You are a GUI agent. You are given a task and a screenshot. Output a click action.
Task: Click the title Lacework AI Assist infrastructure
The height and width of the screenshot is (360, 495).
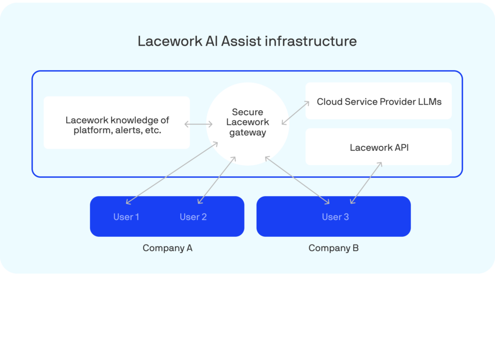pos(247,41)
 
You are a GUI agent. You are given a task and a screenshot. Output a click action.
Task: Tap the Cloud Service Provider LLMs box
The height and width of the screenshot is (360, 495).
pos(379,101)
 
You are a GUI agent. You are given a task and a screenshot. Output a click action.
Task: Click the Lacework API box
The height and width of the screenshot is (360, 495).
pos(379,147)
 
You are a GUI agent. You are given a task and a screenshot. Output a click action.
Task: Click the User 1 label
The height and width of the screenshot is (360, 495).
pos(126,217)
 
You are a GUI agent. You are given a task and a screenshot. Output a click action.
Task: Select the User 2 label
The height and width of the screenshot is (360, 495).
pos(193,217)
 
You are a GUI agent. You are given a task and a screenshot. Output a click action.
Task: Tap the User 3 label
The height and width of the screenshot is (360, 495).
pos(335,217)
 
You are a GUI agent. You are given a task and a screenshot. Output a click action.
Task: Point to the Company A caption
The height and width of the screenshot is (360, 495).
pos(167,248)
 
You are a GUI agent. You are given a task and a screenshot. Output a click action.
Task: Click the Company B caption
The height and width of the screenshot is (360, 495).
pos(334,248)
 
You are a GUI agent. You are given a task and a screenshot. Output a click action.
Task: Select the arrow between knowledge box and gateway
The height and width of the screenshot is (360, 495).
pos(198,125)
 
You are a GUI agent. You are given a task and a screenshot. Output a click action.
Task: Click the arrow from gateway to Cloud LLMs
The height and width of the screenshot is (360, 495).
pos(295,113)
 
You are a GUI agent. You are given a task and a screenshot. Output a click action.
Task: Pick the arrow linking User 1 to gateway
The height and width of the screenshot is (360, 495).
pos(172,173)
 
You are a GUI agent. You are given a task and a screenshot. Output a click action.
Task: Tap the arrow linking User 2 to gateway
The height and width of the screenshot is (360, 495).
pos(217,180)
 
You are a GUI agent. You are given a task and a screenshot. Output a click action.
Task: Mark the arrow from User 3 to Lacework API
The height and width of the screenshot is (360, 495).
pos(366,183)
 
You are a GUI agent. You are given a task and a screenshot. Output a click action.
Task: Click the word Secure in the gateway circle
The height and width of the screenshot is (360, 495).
pos(247,112)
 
